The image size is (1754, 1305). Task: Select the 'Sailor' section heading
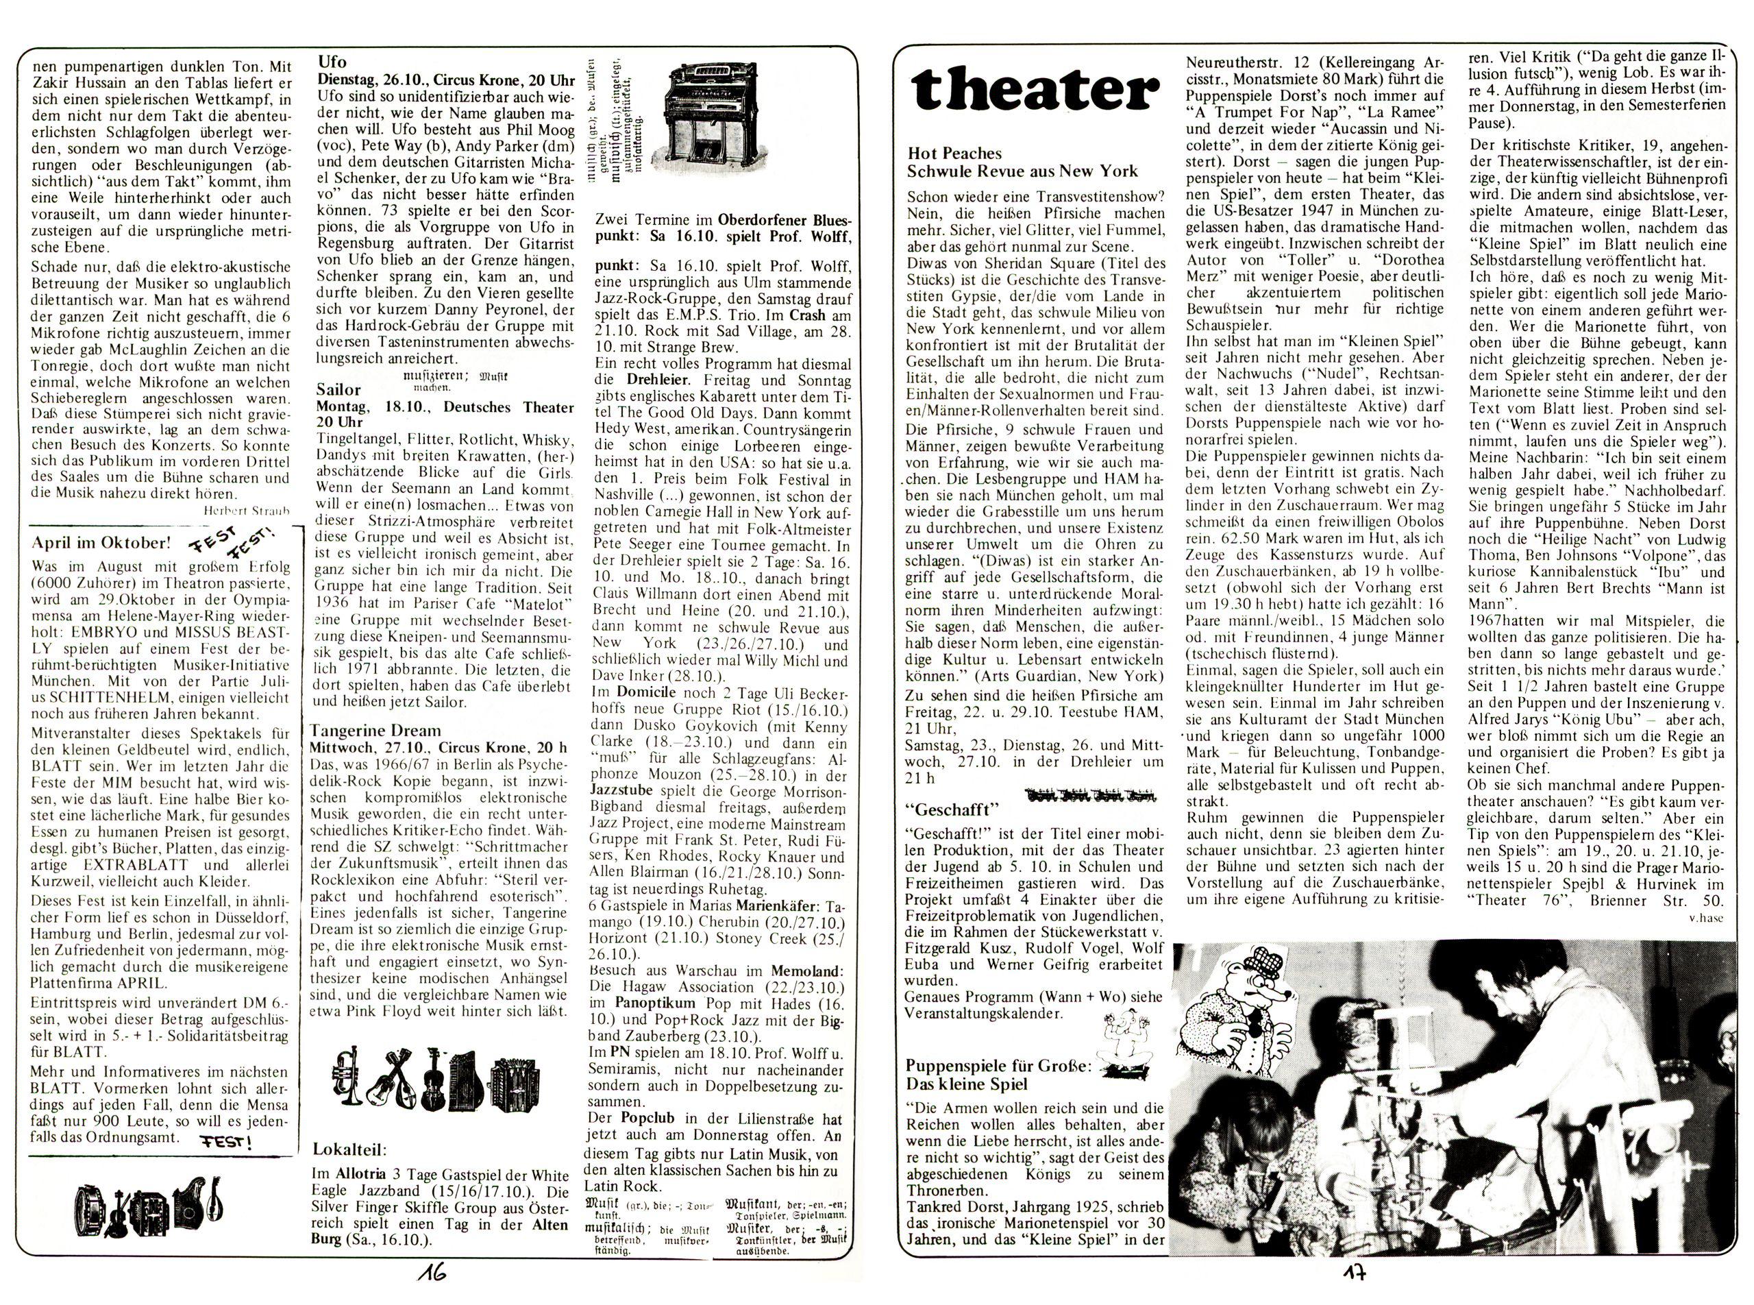[x=338, y=389]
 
